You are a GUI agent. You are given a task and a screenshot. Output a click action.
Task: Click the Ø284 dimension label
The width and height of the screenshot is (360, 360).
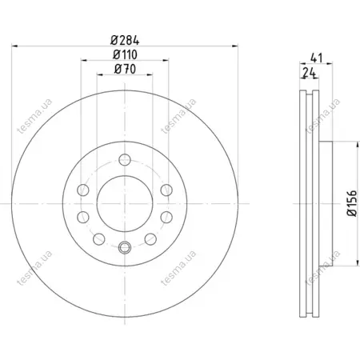(125, 40)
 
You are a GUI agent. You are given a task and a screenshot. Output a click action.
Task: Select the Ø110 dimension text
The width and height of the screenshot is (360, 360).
(125, 54)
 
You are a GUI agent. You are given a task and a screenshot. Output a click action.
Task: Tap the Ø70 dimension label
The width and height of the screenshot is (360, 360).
(125, 69)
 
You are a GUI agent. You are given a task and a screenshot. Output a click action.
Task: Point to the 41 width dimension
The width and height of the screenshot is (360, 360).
(317, 58)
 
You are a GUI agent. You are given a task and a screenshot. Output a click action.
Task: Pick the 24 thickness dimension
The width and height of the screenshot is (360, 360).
(310, 72)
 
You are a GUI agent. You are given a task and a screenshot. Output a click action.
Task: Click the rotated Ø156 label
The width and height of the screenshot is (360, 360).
(351, 203)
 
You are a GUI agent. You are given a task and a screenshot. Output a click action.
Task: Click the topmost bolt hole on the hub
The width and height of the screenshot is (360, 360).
(125, 160)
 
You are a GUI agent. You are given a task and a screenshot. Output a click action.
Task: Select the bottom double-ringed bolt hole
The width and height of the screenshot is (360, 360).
(125, 248)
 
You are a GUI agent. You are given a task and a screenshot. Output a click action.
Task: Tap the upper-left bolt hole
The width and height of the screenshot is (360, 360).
(83, 190)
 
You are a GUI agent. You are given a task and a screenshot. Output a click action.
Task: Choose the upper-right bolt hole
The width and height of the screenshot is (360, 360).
(166, 190)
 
